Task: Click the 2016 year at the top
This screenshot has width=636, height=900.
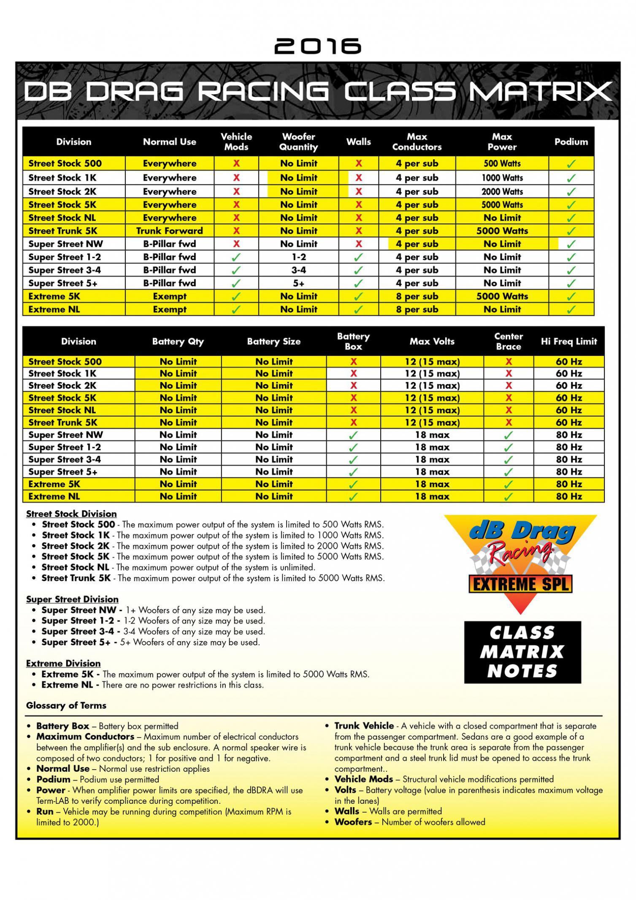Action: tap(318, 46)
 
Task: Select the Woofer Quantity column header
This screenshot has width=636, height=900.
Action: tap(298, 142)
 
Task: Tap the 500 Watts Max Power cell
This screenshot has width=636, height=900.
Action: tap(502, 163)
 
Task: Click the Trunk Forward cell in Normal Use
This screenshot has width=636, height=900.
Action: tap(169, 231)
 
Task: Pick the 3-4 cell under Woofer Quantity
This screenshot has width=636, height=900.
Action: tap(298, 270)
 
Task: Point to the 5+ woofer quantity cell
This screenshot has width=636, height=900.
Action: tap(298, 283)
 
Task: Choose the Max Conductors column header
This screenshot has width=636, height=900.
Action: tap(417, 142)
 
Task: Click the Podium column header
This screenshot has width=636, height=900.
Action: tap(571, 142)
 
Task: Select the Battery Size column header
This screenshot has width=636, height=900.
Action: tap(273, 342)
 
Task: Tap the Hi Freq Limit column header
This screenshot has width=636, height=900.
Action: tap(568, 342)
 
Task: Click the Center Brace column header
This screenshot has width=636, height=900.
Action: tap(508, 342)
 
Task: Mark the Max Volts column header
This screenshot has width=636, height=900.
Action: tap(432, 342)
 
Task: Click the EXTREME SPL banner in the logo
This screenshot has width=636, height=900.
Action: tap(520, 585)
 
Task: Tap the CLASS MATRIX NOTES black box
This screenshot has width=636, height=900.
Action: tap(522, 652)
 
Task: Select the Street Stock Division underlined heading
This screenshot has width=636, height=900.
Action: tap(71, 514)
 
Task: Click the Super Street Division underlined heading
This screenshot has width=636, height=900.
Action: tap(72, 599)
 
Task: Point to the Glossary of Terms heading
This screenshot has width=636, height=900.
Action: tap(66, 705)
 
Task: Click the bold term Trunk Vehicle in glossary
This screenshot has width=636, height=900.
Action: tap(364, 726)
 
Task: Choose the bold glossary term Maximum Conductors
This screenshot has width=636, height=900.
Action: tap(85, 737)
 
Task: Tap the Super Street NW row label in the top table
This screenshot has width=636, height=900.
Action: tap(66, 244)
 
